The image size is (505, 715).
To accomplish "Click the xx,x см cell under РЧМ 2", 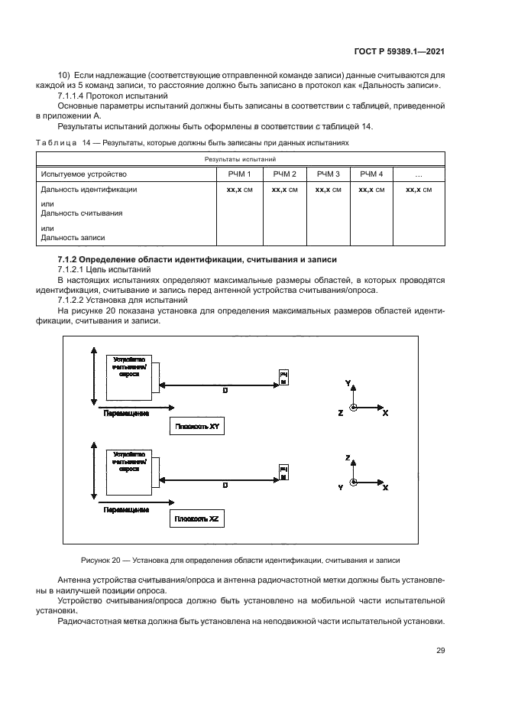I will coord(284,188).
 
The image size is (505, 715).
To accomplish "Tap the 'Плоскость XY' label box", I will coord(198,427).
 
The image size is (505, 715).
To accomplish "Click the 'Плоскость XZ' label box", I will coord(198,518).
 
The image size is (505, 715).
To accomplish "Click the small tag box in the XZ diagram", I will coord(283,471).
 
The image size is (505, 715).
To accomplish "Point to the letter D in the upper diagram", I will coord(225,390).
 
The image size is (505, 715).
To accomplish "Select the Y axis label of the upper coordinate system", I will coord(348,382).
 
